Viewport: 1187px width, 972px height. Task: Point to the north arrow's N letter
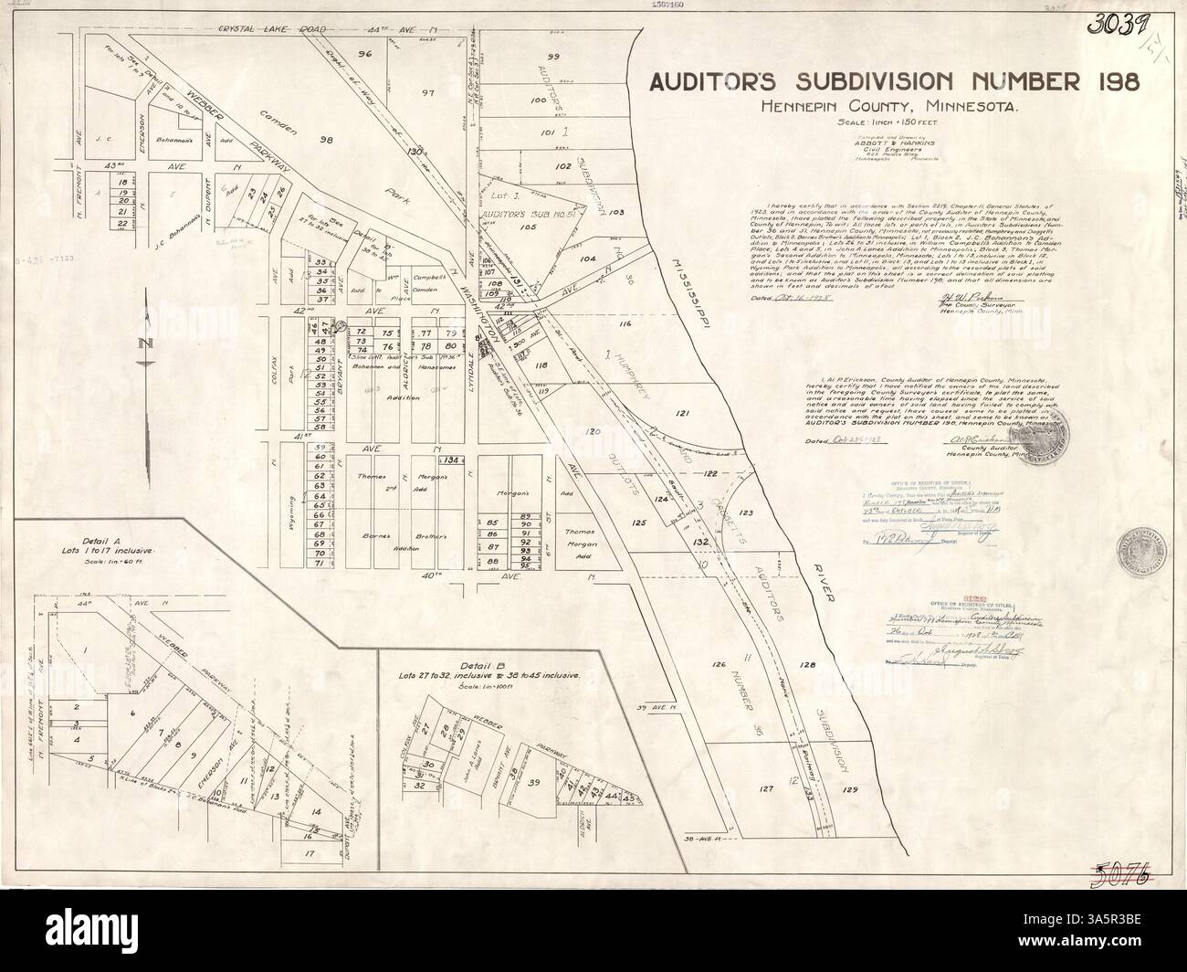click(144, 343)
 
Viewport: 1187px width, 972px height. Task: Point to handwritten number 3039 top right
click(1116, 24)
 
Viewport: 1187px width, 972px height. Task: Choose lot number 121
click(682, 415)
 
